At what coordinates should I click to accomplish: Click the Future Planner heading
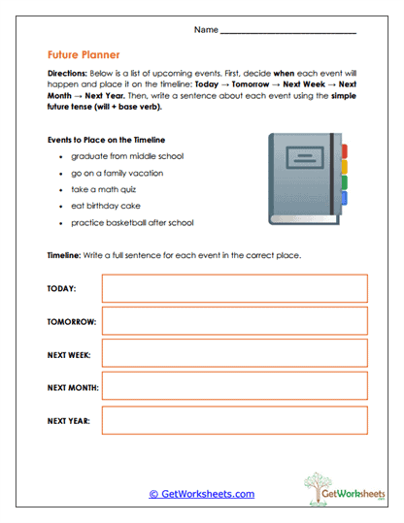tap(83, 55)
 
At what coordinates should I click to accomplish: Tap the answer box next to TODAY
tap(234, 289)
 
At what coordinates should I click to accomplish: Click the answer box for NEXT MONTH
tap(234, 387)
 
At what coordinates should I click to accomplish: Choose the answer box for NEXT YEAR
tap(234, 420)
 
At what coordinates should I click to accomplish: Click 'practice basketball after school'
tap(132, 222)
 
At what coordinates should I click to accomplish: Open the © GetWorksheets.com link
tap(201, 494)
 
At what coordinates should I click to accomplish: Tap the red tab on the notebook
tap(347, 151)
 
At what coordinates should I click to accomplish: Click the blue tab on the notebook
tap(347, 195)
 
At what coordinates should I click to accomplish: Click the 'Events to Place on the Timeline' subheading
tap(112, 140)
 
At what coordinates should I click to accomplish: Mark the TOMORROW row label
tap(70, 322)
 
